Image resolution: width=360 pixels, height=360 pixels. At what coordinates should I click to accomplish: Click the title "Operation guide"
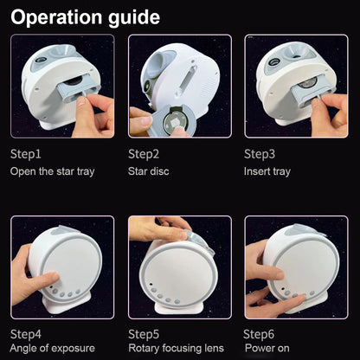[x=85, y=17]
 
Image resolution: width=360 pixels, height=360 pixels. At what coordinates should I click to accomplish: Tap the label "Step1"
[x=26, y=154]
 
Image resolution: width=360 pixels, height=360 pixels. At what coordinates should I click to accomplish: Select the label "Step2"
[x=144, y=154]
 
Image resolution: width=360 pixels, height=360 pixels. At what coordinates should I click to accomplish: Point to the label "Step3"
[x=260, y=154]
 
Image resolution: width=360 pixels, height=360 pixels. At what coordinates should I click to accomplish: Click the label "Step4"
[x=26, y=335]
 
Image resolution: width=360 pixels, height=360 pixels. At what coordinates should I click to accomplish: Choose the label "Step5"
[x=144, y=335]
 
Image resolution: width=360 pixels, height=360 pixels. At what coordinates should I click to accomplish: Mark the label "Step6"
[x=259, y=335]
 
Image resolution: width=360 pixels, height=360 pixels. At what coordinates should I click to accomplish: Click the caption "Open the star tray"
[x=52, y=171]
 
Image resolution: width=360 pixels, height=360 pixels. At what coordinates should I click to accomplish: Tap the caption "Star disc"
[x=148, y=171]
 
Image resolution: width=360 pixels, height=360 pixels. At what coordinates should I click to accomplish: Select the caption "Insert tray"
[x=267, y=171]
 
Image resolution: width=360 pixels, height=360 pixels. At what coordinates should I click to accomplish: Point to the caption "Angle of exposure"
[x=52, y=348]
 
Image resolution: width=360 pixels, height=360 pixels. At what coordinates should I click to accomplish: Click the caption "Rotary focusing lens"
[x=176, y=348]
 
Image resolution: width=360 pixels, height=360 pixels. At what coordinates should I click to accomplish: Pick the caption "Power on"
[x=267, y=348]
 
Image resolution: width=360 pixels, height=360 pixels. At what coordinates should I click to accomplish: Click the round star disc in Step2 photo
[x=175, y=122]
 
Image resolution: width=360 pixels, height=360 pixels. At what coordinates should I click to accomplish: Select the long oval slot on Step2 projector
[x=186, y=80]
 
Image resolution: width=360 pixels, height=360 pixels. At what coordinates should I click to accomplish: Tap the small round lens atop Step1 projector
[x=42, y=61]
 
